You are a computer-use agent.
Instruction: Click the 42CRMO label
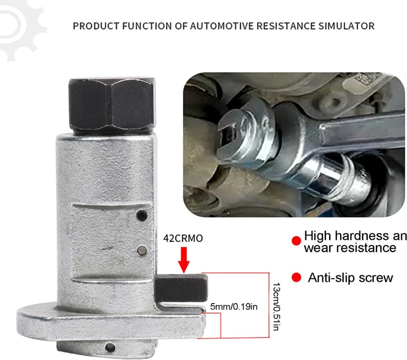tap(183, 238)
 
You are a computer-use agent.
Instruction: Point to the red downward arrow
tap(184, 260)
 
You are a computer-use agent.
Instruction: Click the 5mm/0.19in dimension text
tap(234, 307)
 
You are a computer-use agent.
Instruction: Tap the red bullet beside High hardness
tap(296, 241)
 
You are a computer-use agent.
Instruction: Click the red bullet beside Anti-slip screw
tap(296, 277)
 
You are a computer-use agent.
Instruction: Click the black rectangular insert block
tap(182, 288)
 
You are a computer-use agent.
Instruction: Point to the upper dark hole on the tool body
tap(142, 215)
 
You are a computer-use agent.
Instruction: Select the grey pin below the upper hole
tap(142, 250)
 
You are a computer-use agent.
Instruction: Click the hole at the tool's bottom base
tap(110, 347)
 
